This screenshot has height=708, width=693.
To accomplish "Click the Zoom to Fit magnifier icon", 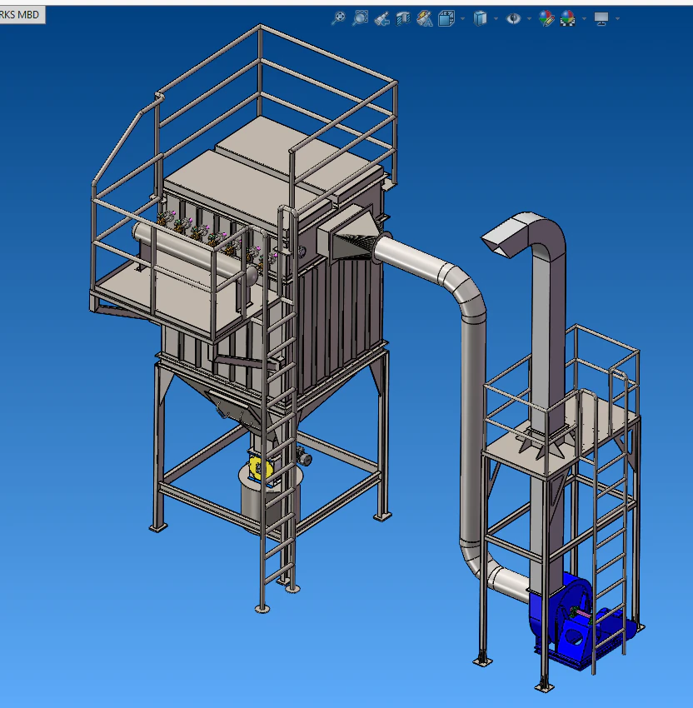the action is pyautogui.click(x=338, y=18).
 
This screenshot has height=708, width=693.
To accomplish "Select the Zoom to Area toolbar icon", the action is pyautogui.click(x=360, y=18).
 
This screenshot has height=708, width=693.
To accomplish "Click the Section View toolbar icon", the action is pyautogui.click(x=402, y=18).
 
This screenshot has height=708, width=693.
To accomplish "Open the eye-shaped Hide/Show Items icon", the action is pyautogui.click(x=513, y=18).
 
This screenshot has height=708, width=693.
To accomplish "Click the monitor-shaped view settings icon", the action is pyautogui.click(x=601, y=18).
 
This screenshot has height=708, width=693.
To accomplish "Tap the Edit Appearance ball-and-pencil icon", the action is pyautogui.click(x=546, y=18).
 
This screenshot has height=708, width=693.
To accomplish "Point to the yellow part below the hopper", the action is pyautogui.click(x=259, y=468).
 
